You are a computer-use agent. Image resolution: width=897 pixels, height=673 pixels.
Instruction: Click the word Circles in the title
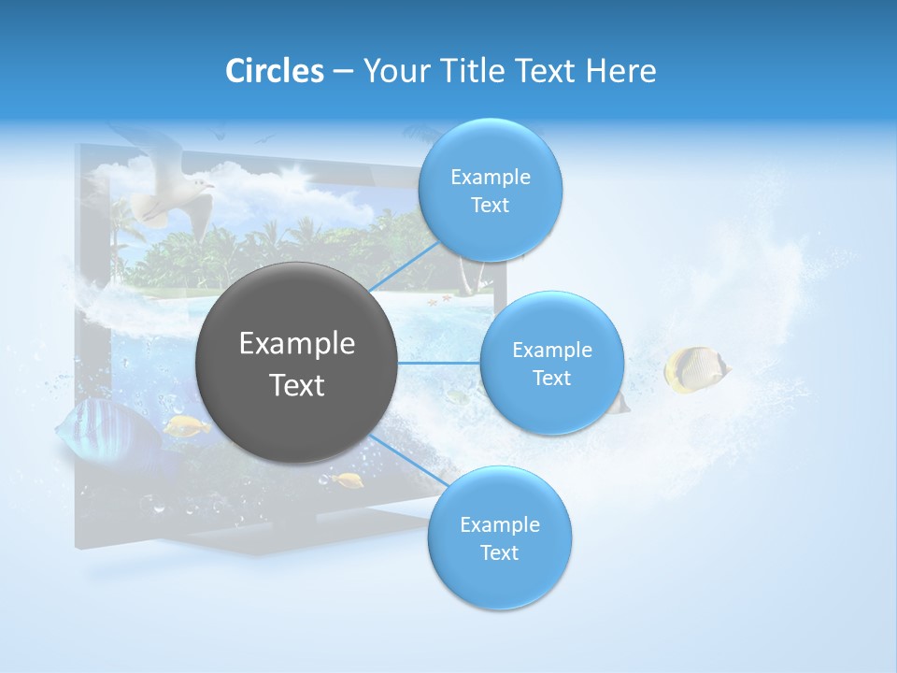coord(274,71)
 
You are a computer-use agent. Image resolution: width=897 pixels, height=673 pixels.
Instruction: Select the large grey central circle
coord(296,363)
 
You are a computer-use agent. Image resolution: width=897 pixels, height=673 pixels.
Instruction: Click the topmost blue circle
coord(490,190)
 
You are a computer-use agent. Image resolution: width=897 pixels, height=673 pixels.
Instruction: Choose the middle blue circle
coord(551,363)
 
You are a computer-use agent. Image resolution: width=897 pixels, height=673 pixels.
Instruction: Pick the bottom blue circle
coord(499,537)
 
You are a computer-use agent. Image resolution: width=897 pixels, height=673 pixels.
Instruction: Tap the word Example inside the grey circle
coord(296,344)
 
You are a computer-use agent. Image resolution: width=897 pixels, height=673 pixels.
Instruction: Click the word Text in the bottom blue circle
coord(499,552)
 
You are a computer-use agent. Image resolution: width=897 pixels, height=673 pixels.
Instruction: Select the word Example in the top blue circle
coord(490,177)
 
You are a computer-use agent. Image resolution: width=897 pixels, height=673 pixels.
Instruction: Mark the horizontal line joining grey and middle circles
coord(439,363)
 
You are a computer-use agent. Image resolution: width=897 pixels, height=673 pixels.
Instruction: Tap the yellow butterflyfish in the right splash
coord(693,368)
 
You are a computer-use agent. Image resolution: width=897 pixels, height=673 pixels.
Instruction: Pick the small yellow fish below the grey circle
coord(349,480)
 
